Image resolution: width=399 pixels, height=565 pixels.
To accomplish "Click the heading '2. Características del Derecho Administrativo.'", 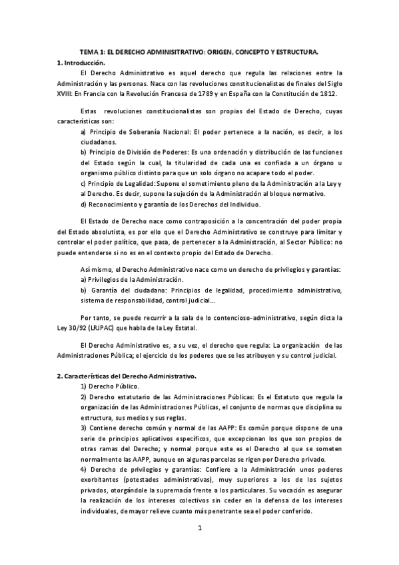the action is [x=127, y=376].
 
